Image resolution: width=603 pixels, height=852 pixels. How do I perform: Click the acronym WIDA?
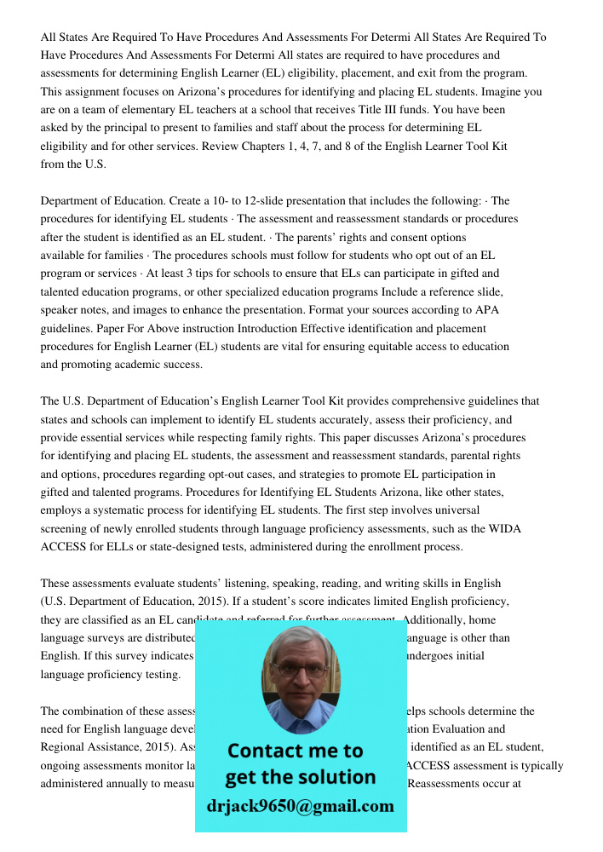coord(503,529)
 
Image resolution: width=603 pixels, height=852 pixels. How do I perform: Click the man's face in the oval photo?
coord(300,670)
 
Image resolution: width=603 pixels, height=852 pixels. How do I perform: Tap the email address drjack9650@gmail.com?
coord(300,806)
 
